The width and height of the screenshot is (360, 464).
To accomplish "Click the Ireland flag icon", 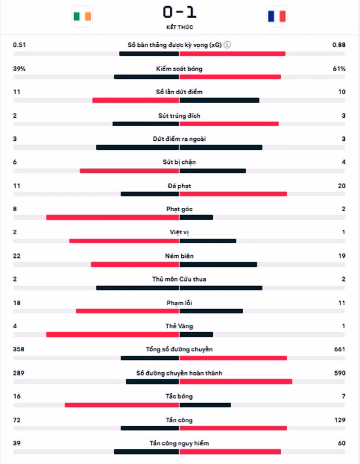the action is (82, 16).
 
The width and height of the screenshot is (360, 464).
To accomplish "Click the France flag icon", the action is (277, 16).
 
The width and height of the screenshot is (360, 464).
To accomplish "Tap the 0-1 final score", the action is (179, 12).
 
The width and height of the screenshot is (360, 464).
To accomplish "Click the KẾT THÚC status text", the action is (179, 27).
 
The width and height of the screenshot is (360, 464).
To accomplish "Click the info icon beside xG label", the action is (227, 44).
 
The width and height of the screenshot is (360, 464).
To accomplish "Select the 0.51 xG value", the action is (20, 44).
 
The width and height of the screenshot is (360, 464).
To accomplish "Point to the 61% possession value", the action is (339, 69).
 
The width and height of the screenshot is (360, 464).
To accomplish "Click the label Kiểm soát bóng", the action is (179, 69).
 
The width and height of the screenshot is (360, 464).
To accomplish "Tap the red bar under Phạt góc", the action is (112, 217).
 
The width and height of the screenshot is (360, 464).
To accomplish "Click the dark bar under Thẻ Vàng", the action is (196, 334).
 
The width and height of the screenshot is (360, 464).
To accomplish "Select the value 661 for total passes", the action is (340, 349).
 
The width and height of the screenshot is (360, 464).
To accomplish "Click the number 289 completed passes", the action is (19, 373).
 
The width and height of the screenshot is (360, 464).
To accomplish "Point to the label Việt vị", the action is (179, 233).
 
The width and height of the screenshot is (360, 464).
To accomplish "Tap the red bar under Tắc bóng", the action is (121, 405).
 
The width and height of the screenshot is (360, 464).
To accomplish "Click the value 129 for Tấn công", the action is (340, 420).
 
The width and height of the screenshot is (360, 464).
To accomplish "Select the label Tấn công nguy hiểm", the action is (179, 443).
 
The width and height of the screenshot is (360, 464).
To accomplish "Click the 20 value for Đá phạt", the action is (341, 186).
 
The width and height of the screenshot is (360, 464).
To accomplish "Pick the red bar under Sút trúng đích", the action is (229, 124).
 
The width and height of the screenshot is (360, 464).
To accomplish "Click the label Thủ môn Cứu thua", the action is (179, 279).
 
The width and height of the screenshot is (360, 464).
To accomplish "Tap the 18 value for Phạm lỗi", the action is (17, 303).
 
